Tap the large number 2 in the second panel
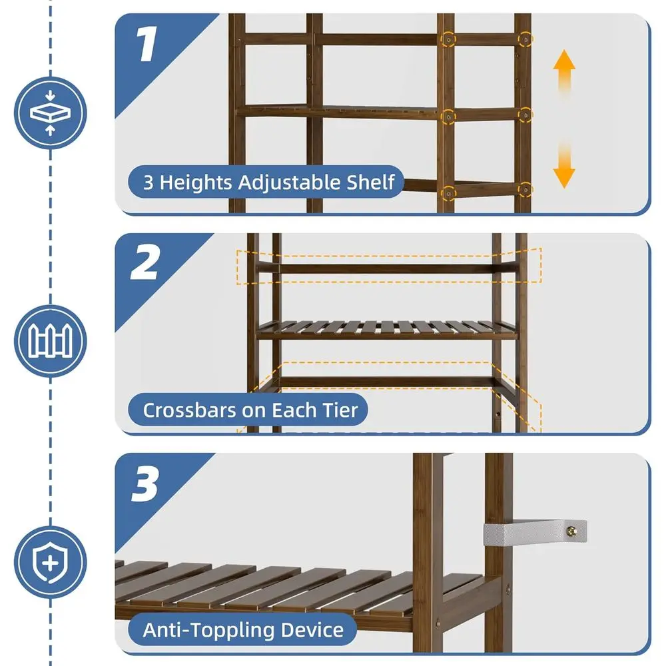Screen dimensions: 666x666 pyautogui.click(x=145, y=262)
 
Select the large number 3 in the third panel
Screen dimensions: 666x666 pyautogui.click(x=145, y=484)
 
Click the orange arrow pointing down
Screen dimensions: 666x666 pyautogui.click(x=564, y=165)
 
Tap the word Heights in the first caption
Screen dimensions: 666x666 pyautogui.click(x=196, y=183)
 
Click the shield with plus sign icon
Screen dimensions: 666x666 pyautogui.click(x=50, y=562)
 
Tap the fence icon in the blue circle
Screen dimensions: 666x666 pyautogui.click(x=50, y=340)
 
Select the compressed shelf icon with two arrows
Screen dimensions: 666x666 pyautogui.click(x=50, y=113)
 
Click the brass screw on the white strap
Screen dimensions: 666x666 pyautogui.click(x=571, y=531)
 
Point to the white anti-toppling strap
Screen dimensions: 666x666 pyautogui.click(x=535, y=531)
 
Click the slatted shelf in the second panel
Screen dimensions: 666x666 pyautogui.click(x=387, y=330)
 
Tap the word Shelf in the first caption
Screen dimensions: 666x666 pyautogui.click(x=370, y=182)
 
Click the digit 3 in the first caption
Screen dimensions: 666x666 pyautogui.click(x=148, y=182)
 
